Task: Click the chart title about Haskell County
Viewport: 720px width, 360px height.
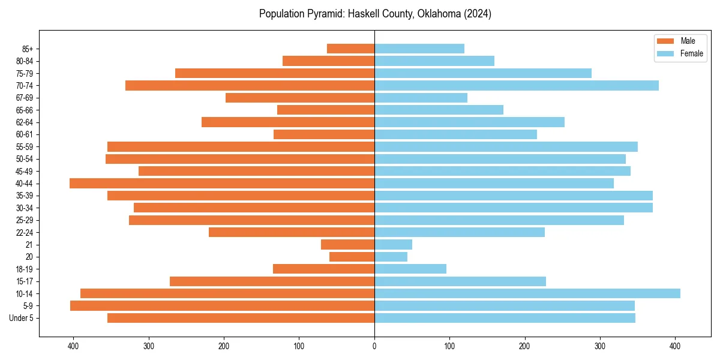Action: [375, 14]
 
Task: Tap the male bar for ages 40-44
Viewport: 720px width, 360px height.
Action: [222, 184]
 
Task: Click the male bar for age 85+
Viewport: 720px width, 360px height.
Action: [350, 49]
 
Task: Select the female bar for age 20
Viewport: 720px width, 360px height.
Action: [391, 257]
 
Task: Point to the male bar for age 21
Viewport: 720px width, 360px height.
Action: [347, 245]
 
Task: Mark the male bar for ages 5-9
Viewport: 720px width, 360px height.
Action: [222, 306]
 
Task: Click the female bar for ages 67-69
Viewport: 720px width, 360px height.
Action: [421, 98]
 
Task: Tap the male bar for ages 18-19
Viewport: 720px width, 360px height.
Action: [323, 269]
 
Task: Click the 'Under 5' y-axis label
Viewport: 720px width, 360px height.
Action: [21, 318]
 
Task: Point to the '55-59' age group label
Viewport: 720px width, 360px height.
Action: [25, 147]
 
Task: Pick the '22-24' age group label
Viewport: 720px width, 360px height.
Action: [25, 232]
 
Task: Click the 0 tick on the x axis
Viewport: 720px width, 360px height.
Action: [374, 346]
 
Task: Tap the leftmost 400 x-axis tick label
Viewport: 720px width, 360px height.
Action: [74, 346]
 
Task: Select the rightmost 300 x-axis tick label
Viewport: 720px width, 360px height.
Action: [600, 346]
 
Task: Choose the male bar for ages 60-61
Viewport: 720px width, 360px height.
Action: [324, 134]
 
